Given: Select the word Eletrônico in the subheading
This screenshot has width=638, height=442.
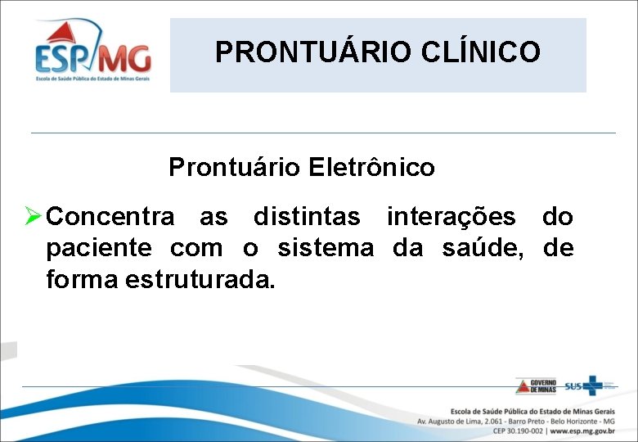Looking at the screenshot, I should [x=372, y=168].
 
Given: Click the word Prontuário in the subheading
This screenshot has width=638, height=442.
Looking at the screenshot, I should [x=235, y=168].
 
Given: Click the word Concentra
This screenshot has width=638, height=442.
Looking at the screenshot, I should [x=110, y=217].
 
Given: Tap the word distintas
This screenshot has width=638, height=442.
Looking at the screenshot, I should [x=306, y=217].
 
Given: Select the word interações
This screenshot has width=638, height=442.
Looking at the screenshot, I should [x=451, y=217].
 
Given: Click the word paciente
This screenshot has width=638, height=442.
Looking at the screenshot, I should [x=99, y=248].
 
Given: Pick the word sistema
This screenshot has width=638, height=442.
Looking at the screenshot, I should [x=326, y=248].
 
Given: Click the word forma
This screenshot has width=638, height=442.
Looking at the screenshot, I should [x=83, y=279].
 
